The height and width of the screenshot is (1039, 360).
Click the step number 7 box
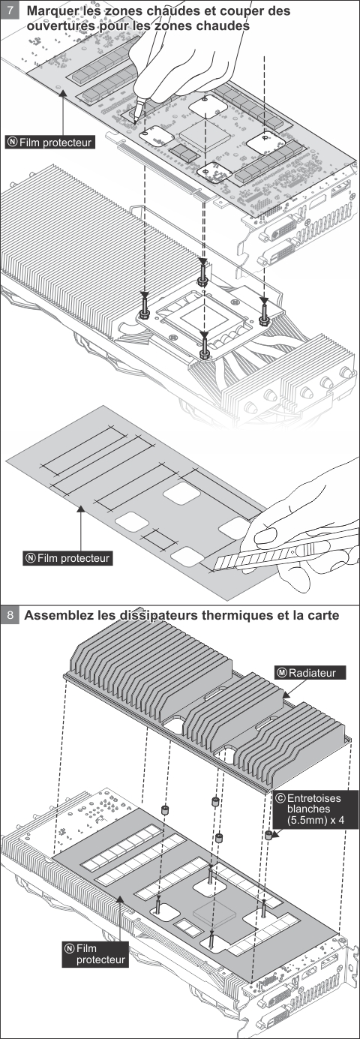click(10, 10)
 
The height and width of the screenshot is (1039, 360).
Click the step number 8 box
click(10, 615)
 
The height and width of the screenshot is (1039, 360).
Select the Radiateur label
click(310, 673)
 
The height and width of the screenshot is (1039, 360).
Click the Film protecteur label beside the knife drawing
click(67, 558)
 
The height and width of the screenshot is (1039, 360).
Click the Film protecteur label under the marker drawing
click(50, 142)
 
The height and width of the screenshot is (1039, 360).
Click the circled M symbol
click(281, 673)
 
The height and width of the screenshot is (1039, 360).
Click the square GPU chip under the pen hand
click(205, 135)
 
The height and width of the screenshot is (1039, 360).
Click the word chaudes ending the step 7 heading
click(223, 26)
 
